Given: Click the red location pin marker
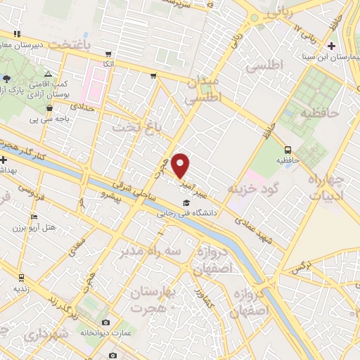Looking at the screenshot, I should tap(181, 165).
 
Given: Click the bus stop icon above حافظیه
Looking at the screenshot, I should tap(288, 149).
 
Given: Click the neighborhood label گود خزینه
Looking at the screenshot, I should tap(254, 189).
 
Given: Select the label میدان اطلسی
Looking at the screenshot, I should tap(203, 91).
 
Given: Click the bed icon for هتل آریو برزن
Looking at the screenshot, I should tap(34, 216).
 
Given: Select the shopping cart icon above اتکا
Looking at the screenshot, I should tap(108, 53).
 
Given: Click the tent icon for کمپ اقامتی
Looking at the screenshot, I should tap(48, 73).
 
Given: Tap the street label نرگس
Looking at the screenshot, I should tap(301, 266).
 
